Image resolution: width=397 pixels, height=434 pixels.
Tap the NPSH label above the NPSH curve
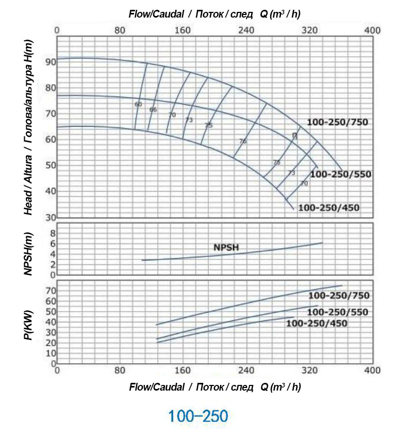pos(226,247)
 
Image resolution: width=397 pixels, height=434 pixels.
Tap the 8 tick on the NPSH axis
pos(52,233)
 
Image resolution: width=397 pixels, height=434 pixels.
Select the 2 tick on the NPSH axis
pos(52,265)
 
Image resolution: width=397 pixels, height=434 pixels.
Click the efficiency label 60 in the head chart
pos(138,104)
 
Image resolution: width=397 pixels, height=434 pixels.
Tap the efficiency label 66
pos(153,110)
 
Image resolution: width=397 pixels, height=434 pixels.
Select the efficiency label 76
pos(243,141)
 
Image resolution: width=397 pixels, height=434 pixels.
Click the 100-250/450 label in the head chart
pos(328,208)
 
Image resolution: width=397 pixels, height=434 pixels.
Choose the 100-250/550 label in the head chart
pos(341,174)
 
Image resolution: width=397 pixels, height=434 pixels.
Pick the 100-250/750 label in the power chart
pos(339,296)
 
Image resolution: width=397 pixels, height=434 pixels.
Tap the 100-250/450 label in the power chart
pos(317,323)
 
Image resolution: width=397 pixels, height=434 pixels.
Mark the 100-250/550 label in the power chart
pos(338,312)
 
